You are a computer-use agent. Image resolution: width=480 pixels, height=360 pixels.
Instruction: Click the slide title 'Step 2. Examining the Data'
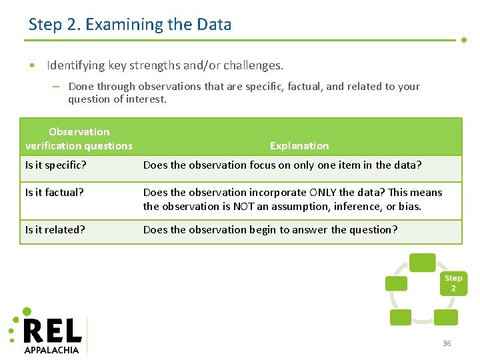(130, 25)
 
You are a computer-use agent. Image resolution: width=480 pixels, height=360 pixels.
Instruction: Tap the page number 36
(447, 343)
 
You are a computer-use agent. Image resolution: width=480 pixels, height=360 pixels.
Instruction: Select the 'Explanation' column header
(299, 145)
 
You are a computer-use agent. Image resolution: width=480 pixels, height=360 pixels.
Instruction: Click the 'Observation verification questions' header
(79, 139)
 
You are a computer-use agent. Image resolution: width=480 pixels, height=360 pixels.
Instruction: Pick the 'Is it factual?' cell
(55, 192)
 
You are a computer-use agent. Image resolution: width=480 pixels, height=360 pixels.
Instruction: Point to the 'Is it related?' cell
(55, 229)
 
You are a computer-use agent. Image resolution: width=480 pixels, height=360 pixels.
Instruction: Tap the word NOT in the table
(242, 206)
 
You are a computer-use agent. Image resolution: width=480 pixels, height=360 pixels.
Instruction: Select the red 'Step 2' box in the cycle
(453, 283)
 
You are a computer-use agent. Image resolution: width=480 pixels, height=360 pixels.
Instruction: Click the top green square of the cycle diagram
(422, 263)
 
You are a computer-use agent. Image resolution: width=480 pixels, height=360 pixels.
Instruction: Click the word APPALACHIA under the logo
(51, 349)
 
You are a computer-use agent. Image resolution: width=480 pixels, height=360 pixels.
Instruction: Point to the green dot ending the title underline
(464, 40)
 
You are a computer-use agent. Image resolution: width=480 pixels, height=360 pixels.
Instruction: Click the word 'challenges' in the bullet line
(252, 65)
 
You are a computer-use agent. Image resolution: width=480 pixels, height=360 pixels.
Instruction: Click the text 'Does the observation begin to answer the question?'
(270, 229)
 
